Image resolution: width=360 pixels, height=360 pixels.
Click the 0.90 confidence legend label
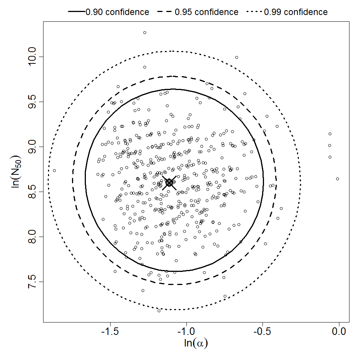point(117,12)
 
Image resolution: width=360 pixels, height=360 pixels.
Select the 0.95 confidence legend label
point(206,12)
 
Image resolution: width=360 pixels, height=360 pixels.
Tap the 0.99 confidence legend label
point(295,12)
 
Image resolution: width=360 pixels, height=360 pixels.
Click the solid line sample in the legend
point(76,12)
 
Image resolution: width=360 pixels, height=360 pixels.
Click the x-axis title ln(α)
point(195,343)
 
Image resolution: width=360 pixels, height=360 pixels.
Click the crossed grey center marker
point(169,183)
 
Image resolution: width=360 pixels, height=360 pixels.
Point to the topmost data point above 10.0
point(145,33)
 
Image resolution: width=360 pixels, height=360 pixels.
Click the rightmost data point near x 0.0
point(337,179)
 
